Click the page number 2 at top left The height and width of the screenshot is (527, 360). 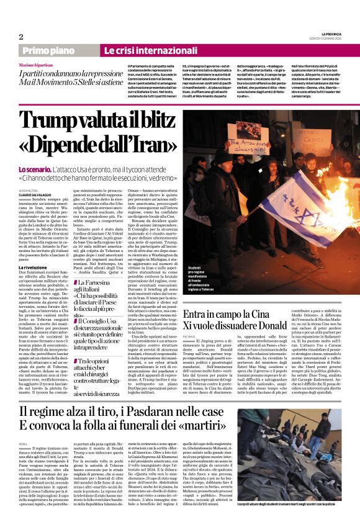tap(20, 37)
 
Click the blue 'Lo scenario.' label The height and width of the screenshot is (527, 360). tap(34, 169)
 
